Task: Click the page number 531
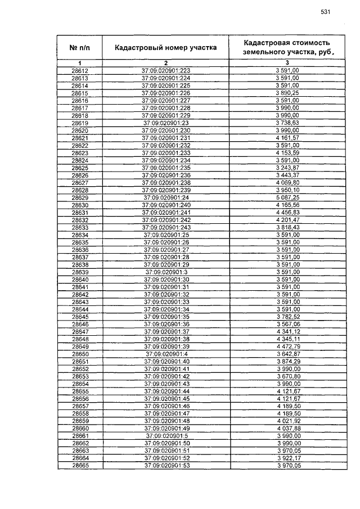pos(325,12)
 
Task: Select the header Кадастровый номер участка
pos(166,48)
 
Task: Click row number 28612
pos(80,71)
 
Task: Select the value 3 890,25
pos(287,93)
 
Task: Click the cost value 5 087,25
pos(287,198)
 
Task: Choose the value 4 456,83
pos(287,213)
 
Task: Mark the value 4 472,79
pos(287,346)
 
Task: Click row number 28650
pos(80,354)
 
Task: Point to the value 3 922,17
pos(287,458)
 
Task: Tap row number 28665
pos(80,465)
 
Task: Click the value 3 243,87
pos(287,168)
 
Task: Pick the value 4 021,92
pos(287,421)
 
